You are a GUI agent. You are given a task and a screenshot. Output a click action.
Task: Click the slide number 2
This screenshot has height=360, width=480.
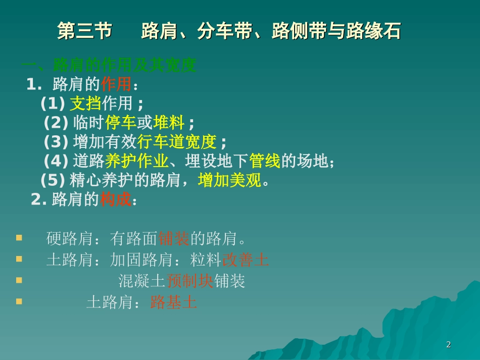point(448,345)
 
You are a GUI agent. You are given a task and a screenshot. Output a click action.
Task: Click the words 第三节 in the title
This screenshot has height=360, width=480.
point(84,31)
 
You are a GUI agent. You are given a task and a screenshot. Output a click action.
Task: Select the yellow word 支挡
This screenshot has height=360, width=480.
point(85,104)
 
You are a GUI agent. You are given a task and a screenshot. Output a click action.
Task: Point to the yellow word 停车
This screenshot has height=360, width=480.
point(121,123)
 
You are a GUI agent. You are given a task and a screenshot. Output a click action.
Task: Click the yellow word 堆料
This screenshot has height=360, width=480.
point(169,123)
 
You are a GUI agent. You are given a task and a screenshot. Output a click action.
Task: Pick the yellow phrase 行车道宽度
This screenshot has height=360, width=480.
point(177,142)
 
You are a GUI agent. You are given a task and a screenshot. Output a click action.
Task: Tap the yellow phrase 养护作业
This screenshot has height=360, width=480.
point(136,161)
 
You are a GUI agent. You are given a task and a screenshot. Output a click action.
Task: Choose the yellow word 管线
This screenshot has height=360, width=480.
point(264,161)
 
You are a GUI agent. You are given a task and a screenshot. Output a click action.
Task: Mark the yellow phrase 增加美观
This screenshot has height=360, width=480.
point(230,180)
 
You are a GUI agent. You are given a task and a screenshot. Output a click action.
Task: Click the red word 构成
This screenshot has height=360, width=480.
point(116,199)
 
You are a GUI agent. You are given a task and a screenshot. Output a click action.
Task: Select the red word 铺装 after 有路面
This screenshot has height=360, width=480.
point(174,238)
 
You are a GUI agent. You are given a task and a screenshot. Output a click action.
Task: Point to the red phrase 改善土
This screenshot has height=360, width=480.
point(246,260)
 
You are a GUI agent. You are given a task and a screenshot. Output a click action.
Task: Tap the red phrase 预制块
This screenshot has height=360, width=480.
point(189,281)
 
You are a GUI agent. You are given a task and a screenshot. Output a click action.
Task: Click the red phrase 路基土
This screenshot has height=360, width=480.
point(173,302)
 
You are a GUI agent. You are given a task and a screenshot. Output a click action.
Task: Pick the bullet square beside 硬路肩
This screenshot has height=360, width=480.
point(19,237)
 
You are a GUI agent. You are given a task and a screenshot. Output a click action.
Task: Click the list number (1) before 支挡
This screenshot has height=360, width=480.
point(53,104)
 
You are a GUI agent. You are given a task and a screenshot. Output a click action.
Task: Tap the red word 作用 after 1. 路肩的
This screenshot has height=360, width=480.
point(116,84)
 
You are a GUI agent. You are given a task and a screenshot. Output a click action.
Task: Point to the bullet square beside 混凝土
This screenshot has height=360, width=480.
point(19,280)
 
